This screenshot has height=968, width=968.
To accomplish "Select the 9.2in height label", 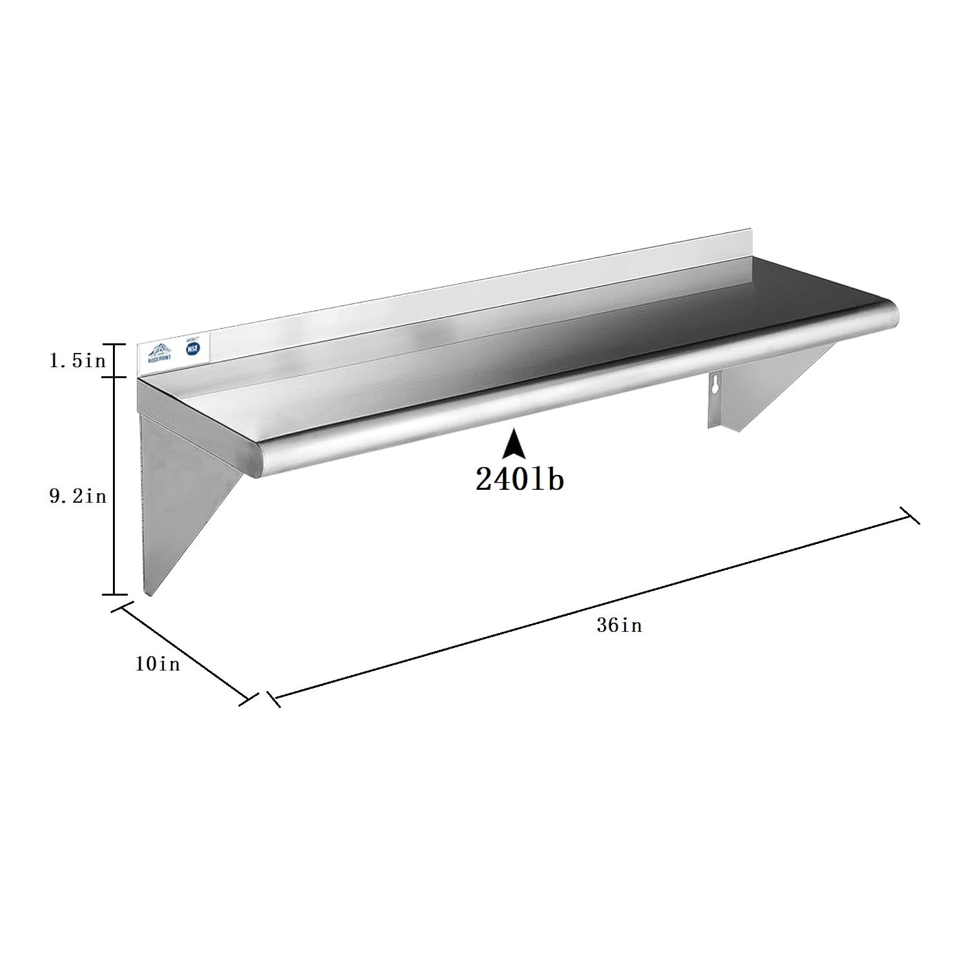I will (77, 497).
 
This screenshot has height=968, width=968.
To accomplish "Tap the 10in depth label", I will (157, 663).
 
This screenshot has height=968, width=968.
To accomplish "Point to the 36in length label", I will (620, 625).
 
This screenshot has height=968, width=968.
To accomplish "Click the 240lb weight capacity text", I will (519, 479).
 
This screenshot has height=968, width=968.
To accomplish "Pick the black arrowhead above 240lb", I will (514, 445).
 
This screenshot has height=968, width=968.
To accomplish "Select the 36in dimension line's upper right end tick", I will (910, 515).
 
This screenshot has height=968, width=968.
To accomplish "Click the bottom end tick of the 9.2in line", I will (115, 594).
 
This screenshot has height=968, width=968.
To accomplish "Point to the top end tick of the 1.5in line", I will (115, 344).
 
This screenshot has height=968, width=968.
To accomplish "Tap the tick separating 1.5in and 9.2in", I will (115, 377).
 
